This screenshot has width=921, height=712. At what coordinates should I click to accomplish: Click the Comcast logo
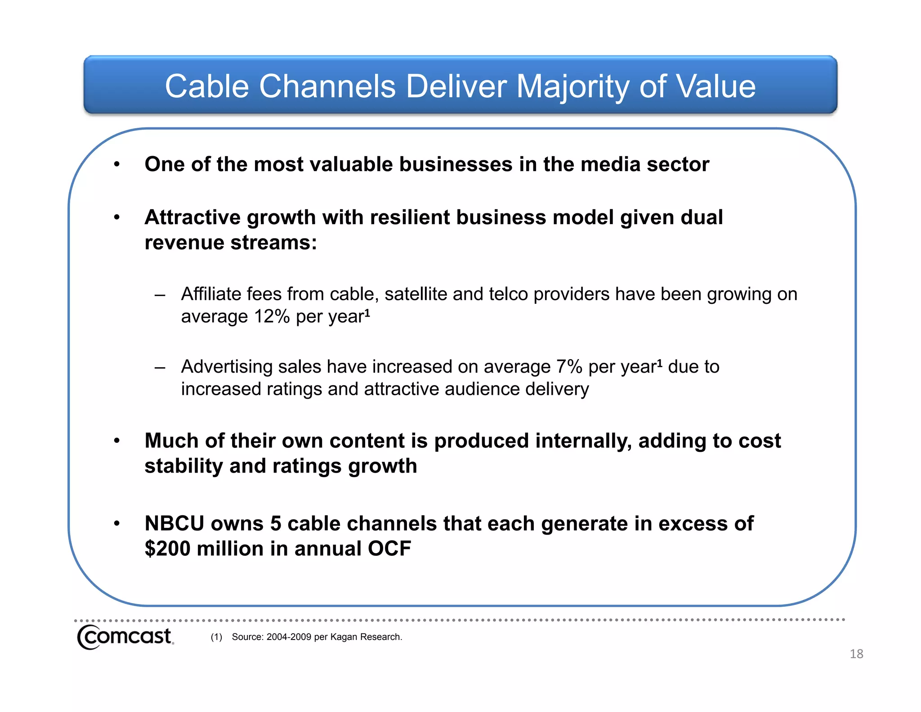125,637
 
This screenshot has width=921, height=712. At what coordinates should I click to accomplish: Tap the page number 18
856,654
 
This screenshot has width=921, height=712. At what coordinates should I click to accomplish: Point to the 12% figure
272,316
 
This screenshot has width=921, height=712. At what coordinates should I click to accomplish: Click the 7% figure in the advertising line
569,367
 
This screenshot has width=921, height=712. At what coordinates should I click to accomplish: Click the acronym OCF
389,549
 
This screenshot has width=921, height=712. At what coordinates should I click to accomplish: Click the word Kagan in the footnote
343,637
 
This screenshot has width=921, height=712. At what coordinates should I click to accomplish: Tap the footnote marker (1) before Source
216,637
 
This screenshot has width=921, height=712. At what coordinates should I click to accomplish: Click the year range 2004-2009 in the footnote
289,637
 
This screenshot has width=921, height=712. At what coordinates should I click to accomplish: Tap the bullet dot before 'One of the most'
117,165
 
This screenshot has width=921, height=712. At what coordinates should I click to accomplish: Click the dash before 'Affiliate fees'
159,295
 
